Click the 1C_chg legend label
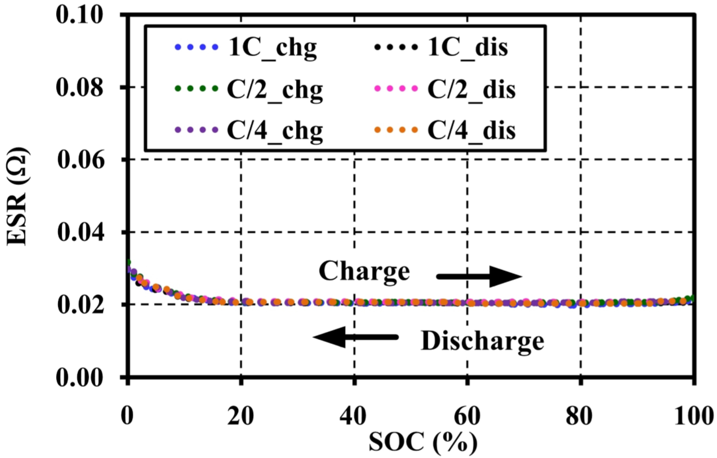(x=272, y=48)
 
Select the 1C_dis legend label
(x=468, y=48)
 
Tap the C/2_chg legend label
(x=275, y=90)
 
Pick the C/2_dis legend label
(x=471, y=90)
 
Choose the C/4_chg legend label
(x=275, y=131)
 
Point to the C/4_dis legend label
(x=471, y=131)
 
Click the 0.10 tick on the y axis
(x=79, y=15)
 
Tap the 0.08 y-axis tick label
(x=79, y=88)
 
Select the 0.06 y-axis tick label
(x=79, y=160)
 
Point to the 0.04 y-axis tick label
(x=79, y=232)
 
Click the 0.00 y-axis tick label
(x=79, y=378)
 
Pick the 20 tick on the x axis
(x=240, y=416)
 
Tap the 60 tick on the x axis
(x=467, y=416)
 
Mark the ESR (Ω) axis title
(x=18, y=196)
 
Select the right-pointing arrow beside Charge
(x=479, y=277)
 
